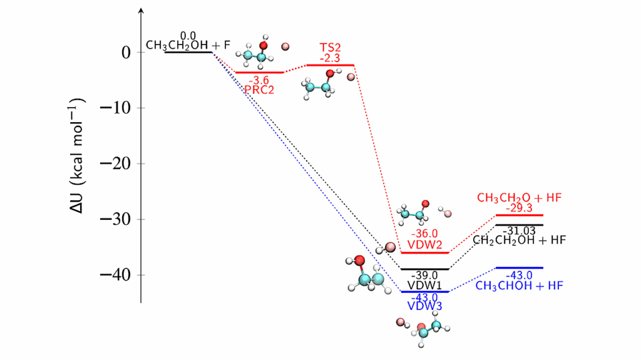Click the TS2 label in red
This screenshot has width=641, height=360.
(x=329, y=48)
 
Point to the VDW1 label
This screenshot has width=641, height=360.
(x=425, y=285)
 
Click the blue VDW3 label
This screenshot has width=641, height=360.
(x=425, y=306)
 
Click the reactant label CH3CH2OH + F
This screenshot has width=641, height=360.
(x=188, y=45)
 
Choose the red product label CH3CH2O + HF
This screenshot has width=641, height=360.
(x=519, y=198)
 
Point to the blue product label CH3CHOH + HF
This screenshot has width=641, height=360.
(x=519, y=285)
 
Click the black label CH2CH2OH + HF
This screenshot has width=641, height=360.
(x=518, y=240)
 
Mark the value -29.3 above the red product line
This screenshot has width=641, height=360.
(x=519, y=208)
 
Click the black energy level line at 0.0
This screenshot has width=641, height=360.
(x=188, y=52)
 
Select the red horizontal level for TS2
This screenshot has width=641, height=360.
(x=330, y=65)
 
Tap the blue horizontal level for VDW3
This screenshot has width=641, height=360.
(x=425, y=292)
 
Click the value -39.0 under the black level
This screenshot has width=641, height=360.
(x=425, y=275)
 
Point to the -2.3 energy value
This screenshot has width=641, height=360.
(x=329, y=58)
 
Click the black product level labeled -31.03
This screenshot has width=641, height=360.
(x=520, y=225)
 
